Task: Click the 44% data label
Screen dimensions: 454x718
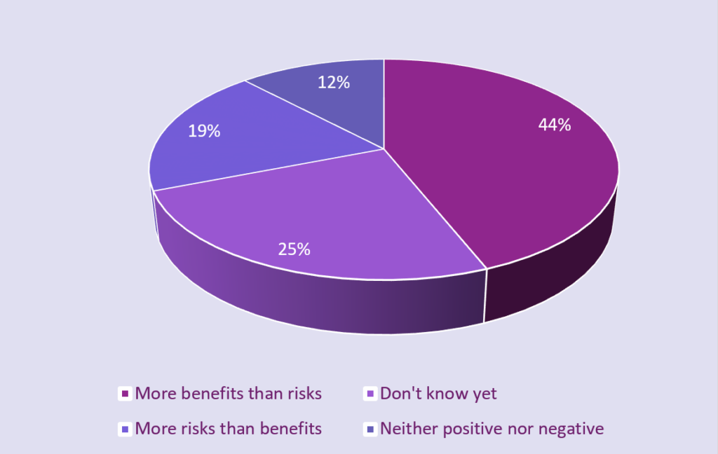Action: pyautogui.click(x=555, y=125)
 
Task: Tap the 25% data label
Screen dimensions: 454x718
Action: pyautogui.click(x=294, y=249)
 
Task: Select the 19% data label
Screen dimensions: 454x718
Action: pyautogui.click(x=204, y=130)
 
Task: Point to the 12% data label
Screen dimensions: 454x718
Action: pyautogui.click(x=333, y=83)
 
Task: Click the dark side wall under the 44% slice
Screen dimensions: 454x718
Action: pyautogui.click(x=554, y=273)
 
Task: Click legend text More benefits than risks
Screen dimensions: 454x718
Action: pyautogui.click(x=229, y=394)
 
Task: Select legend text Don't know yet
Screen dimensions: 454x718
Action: pyautogui.click(x=438, y=394)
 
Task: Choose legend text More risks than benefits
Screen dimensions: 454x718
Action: pyautogui.click(x=229, y=428)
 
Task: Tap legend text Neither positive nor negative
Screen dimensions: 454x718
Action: pyautogui.click(x=492, y=428)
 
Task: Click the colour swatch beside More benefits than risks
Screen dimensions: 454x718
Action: pyautogui.click(x=126, y=394)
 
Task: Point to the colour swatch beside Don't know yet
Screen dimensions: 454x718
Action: pyautogui.click(x=370, y=394)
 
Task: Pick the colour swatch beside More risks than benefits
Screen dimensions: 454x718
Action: pyautogui.click(x=126, y=429)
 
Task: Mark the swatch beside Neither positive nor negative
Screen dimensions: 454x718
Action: pyautogui.click(x=370, y=429)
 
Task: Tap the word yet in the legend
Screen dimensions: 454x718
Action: pyautogui.click(x=483, y=394)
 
